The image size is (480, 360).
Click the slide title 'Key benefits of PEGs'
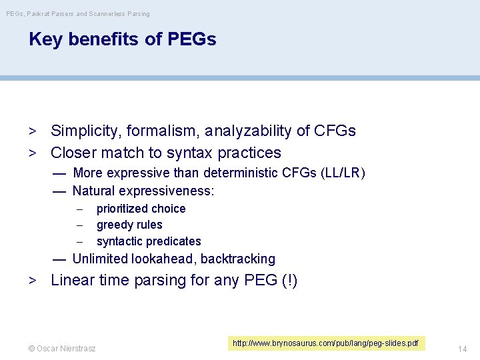pyautogui.click(x=122, y=39)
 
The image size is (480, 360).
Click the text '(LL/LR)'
pyautogui.click(x=343, y=173)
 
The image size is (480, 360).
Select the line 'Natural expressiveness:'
pyautogui.click(x=143, y=191)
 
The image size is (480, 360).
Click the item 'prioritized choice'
pyautogui.click(x=141, y=209)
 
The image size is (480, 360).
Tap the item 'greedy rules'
pyautogui.click(x=129, y=225)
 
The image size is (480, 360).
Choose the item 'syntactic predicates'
pyautogui.click(x=149, y=241)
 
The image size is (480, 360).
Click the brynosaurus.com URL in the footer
pyautogui.click(x=325, y=343)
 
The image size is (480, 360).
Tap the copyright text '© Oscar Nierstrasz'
pyautogui.click(x=61, y=348)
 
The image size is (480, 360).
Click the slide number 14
pyautogui.click(x=463, y=348)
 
